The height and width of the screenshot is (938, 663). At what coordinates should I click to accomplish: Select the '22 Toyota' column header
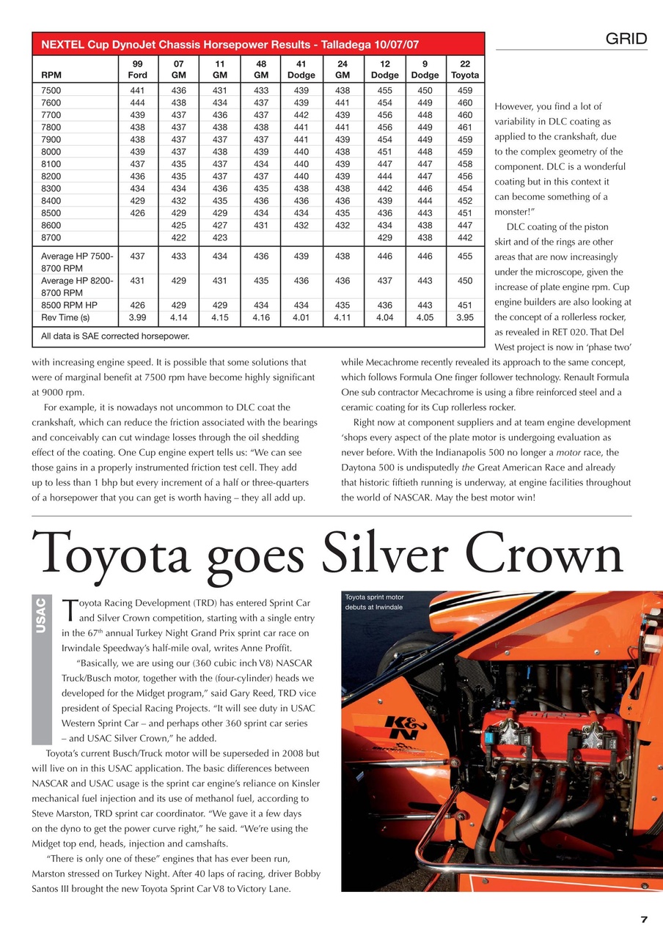(465, 69)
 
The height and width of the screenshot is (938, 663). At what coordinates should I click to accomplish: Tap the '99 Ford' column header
(137, 69)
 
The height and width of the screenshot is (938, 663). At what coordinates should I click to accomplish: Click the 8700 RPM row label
(54, 238)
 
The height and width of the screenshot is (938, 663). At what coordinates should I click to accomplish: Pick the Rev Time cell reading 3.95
(465, 318)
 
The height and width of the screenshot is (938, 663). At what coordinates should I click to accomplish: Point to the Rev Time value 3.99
(137, 318)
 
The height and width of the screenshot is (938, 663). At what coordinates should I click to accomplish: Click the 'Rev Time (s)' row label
(65, 318)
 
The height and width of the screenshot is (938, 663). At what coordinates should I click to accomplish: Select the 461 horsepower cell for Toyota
(465, 127)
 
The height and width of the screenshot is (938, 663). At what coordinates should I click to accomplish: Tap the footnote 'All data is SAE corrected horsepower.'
(115, 336)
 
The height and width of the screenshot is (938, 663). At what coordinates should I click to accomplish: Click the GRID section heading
(626, 40)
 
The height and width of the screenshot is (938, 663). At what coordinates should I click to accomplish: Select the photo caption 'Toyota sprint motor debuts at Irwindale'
(375, 602)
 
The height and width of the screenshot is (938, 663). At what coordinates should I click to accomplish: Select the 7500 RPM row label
(54, 91)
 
